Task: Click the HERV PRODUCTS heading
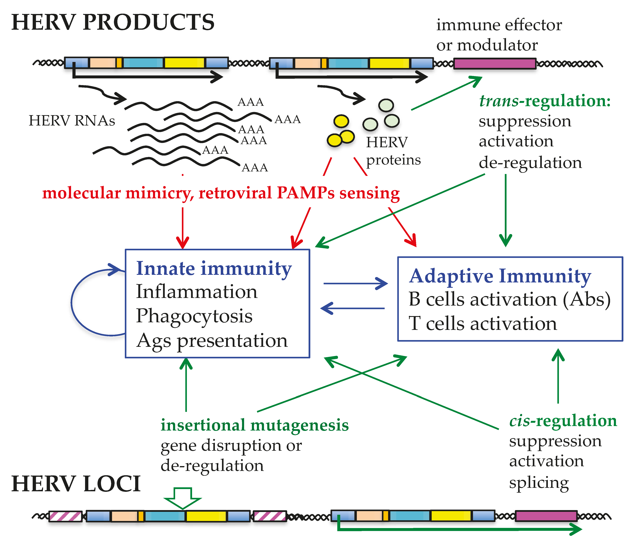(113, 23)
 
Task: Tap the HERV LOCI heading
(76, 484)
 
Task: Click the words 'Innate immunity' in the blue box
(214, 269)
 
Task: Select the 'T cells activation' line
(483, 323)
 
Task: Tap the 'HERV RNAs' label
(72, 121)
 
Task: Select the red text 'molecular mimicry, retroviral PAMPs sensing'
(221, 193)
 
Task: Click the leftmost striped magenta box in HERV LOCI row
(66, 516)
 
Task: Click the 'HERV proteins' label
(393, 151)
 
